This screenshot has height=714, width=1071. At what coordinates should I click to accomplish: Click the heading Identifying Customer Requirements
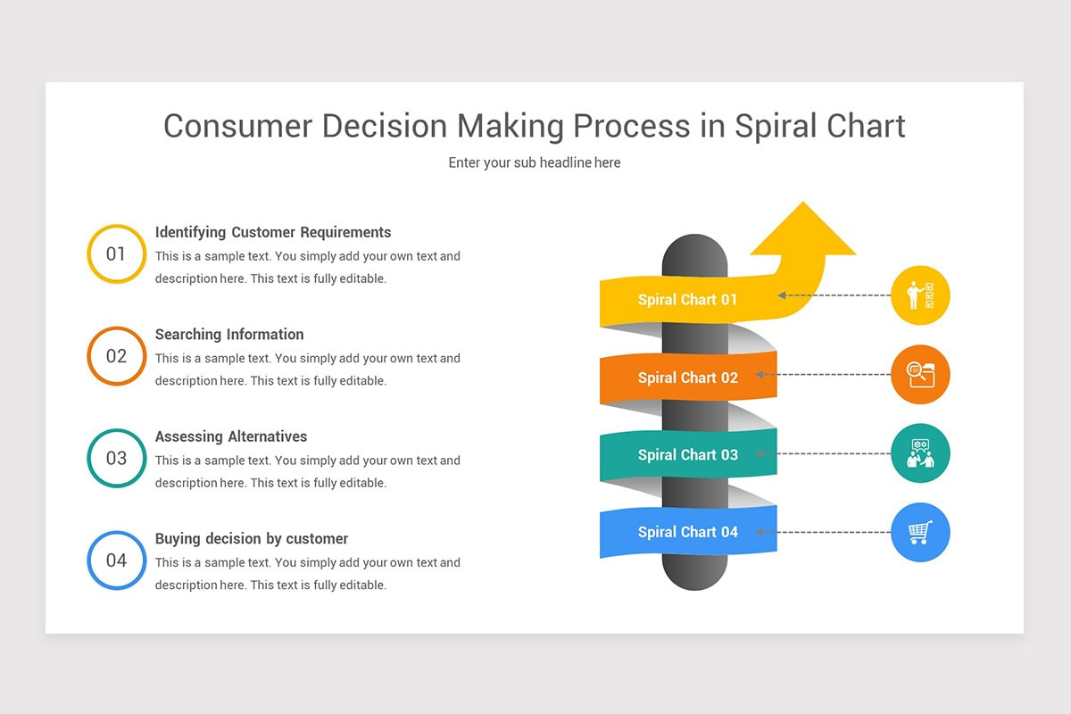coord(273,232)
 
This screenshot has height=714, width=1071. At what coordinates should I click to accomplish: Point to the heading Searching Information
coord(229,335)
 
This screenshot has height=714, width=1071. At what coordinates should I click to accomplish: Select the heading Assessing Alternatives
coord(231,436)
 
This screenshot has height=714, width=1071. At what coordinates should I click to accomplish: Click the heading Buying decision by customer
coord(252,539)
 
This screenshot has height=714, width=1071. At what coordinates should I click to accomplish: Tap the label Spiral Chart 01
coord(687,300)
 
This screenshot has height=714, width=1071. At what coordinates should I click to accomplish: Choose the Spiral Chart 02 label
coord(688,378)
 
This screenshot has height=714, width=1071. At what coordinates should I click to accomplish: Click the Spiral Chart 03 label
coord(688,455)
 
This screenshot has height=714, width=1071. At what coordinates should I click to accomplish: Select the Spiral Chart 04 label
coord(688,532)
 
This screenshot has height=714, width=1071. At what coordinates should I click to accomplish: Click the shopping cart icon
coord(920,532)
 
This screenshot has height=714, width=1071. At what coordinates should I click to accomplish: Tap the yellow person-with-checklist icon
coord(920,295)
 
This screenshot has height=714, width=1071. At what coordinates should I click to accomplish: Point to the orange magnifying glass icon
coord(920,375)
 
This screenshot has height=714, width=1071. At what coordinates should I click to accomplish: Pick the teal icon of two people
coord(920,453)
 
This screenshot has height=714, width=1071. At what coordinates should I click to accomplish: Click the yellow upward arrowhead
coord(803,228)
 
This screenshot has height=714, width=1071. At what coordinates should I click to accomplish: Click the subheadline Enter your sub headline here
coord(535,162)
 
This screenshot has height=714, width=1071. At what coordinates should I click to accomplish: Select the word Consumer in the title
coord(238,126)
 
